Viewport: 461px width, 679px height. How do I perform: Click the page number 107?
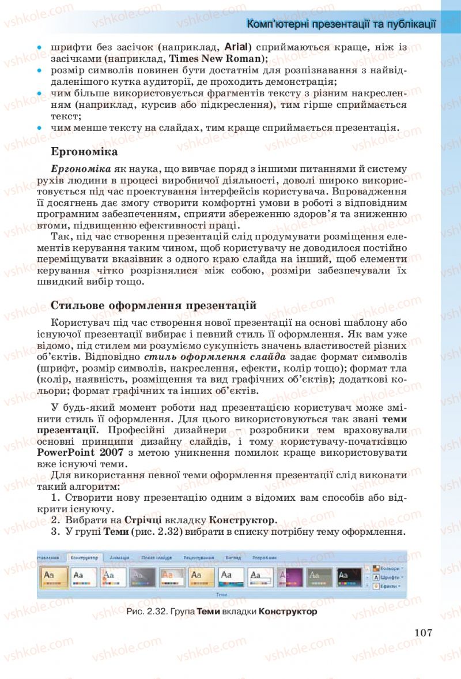coord(422,632)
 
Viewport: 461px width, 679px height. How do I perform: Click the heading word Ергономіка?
coord(84,152)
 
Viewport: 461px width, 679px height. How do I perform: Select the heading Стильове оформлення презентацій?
coord(153,305)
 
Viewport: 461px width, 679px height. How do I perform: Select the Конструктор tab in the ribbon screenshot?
coord(84,558)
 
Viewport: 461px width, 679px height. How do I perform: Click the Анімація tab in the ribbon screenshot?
coord(119,558)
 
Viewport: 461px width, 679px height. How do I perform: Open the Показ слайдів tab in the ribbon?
coord(156,558)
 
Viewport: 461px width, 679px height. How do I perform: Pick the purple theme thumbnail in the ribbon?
coord(290,576)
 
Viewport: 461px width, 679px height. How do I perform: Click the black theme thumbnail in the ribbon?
coord(349,576)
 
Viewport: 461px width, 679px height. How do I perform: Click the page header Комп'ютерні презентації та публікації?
coord(341,24)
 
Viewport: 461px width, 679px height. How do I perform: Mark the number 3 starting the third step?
coord(54,532)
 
